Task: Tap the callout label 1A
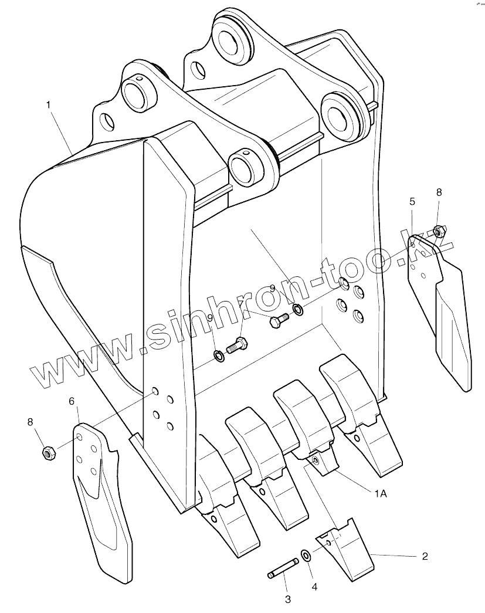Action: [380, 494]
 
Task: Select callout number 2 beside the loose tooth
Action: [425, 556]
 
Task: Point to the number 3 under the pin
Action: [288, 599]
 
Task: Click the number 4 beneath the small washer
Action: [314, 585]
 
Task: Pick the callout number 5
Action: [412, 201]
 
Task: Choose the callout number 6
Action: [72, 401]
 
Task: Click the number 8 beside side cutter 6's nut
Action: [30, 422]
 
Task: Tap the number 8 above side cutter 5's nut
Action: [439, 192]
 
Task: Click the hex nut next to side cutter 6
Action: [48, 452]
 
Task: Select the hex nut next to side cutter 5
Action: [437, 230]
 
